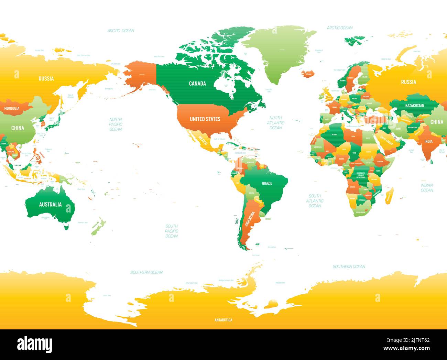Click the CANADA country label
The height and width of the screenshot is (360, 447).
[197, 84]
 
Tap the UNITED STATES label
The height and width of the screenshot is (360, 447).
[205, 119]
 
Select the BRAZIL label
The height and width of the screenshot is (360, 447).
[267, 183]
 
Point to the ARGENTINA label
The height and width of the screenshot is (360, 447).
[250, 219]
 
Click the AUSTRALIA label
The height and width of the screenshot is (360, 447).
[50, 205]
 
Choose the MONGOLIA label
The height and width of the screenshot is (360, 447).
[12, 108]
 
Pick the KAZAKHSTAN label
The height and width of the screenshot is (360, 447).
[414, 106]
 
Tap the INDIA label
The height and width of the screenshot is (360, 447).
[428, 141]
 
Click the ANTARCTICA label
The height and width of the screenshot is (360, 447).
[223, 320]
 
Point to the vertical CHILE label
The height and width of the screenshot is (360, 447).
[237, 220]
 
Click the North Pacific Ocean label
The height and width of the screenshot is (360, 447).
[116, 124]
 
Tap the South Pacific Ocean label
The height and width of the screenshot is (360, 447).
[171, 231]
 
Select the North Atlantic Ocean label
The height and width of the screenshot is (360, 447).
[275, 123]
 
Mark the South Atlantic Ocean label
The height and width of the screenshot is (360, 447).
[315, 201]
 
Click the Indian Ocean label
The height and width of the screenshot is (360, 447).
[427, 188]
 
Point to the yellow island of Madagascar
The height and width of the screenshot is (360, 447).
[390, 197]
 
